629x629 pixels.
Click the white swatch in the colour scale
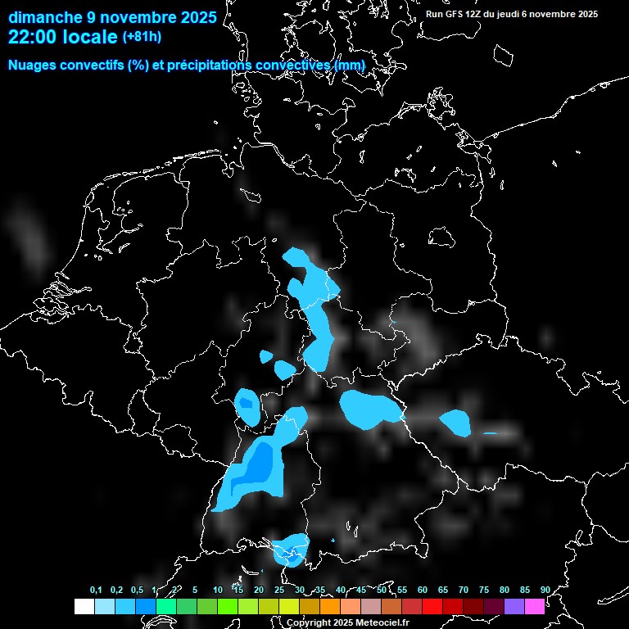coord(84,606)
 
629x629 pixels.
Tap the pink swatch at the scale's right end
coord(535,606)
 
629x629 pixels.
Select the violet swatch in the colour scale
coord(514,606)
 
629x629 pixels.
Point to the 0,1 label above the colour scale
coord(96,590)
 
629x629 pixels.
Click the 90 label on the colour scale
coord(545,590)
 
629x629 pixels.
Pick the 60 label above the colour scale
coord(423,590)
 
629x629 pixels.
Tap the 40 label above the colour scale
coord(341,590)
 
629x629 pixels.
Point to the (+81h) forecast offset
coord(143,37)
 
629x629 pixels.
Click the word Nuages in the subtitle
coord(32,65)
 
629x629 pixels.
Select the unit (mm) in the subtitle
coord(350,65)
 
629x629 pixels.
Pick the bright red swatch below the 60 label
coord(432,606)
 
